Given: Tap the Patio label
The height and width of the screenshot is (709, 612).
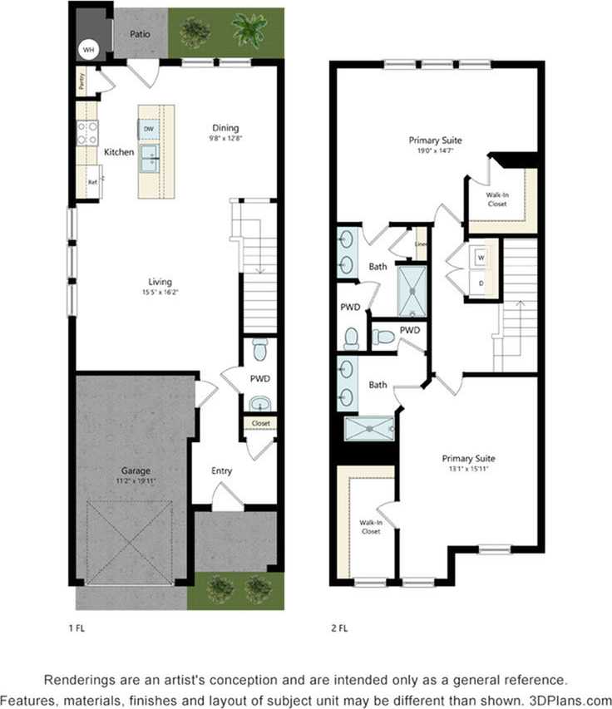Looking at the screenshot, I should coord(139,34).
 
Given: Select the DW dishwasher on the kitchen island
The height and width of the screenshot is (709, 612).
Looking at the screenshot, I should coord(147,129).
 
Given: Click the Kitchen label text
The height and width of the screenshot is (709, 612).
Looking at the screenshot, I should coord(119,152).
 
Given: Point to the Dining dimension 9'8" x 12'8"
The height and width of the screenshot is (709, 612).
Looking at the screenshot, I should coord(225,139).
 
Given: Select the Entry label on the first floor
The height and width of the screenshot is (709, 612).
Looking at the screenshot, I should coord(221,470).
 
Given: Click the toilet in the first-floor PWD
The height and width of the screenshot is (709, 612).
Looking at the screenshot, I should coord(260,350).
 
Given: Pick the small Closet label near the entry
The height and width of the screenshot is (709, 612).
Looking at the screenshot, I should coord(260,423).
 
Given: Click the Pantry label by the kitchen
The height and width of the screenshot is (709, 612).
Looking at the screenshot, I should coord(81,81).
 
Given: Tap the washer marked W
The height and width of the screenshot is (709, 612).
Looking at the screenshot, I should coord(481,258).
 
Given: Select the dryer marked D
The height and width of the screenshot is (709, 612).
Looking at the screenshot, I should coord(481,283).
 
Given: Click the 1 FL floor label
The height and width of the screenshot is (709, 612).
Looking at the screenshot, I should coord(76,628).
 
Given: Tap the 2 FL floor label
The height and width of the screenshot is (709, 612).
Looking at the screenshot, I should coord(338,628).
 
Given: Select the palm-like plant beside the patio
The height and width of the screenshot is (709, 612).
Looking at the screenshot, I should coord(249,31).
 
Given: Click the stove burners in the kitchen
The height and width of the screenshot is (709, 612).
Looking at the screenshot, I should coord(87,132).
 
